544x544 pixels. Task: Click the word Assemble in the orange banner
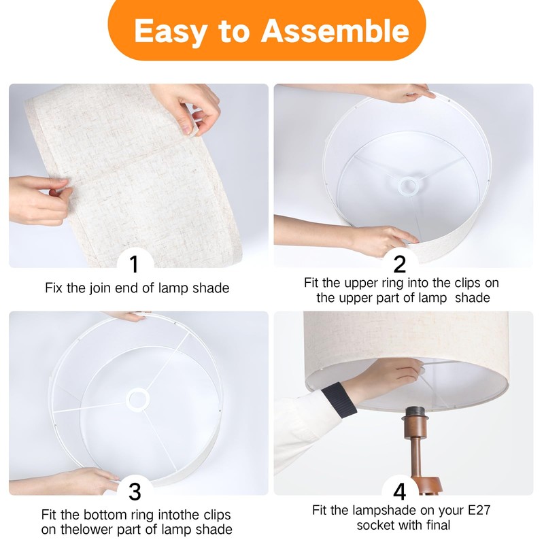click(x=335, y=31)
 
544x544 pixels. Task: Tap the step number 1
click(x=134, y=265)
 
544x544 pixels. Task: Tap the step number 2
click(x=400, y=265)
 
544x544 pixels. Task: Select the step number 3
click(x=135, y=492)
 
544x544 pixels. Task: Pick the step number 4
click(x=400, y=492)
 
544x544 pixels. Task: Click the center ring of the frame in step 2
click(x=408, y=186)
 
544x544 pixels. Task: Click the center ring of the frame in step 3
click(x=138, y=399)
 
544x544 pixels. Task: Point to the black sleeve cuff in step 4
click(x=338, y=400)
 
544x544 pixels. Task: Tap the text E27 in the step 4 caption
click(x=479, y=510)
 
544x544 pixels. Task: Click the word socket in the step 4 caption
click(x=376, y=525)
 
